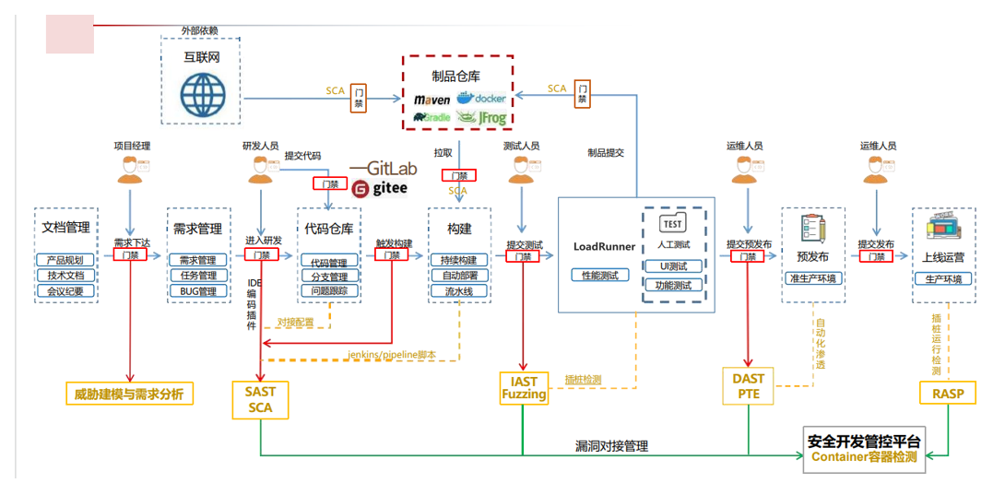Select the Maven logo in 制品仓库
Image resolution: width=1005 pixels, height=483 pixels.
tap(432, 99)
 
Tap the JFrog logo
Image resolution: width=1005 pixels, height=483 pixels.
tap(484, 117)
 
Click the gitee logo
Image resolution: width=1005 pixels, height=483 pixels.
tap(380, 189)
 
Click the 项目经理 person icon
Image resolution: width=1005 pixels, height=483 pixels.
tap(131, 171)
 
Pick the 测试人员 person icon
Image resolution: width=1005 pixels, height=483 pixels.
tap(522, 171)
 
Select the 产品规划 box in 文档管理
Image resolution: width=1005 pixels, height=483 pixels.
tap(65, 260)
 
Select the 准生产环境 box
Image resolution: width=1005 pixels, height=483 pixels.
tap(812, 278)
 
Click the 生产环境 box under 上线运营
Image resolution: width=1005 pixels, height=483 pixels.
tap(943, 278)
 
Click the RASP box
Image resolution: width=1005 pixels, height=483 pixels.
tap(948, 394)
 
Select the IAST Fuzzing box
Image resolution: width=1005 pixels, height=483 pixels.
tap(524, 387)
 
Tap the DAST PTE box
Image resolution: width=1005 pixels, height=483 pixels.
tap(748, 386)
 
